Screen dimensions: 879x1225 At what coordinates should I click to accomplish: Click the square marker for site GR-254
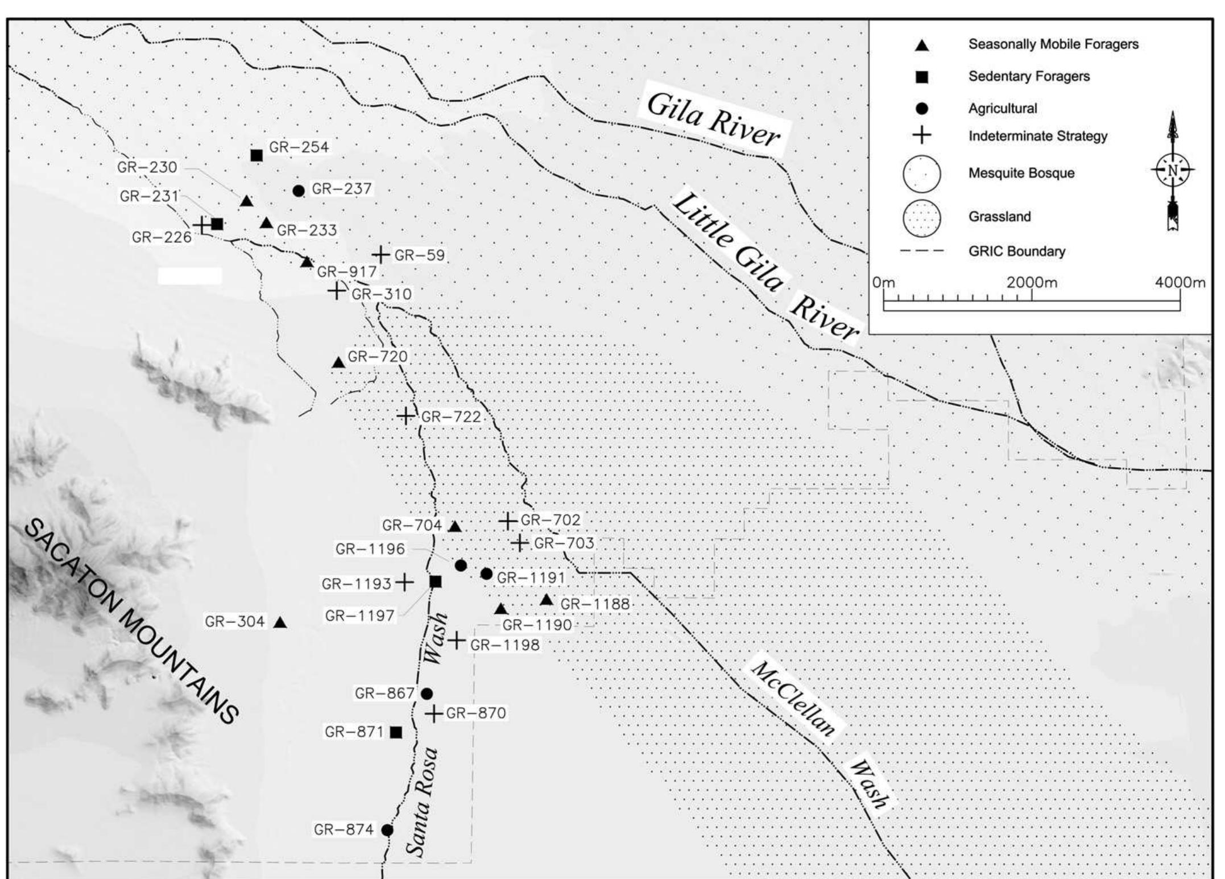coord(256,155)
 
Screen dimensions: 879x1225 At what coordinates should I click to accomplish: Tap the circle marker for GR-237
coord(299,191)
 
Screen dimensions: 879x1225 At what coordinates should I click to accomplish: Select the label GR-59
coord(419,255)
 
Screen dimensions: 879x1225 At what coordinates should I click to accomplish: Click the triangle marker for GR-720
coord(338,362)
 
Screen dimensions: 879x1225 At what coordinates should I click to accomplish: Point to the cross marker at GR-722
coord(405,416)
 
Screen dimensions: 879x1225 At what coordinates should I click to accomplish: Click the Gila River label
coord(714,121)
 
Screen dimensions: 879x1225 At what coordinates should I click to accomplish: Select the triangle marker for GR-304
coord(280,622)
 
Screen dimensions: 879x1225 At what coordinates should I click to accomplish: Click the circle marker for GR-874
coord(387,830)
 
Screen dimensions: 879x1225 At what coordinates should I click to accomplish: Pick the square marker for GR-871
coord(396,732)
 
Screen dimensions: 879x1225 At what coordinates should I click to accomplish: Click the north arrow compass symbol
coord(1173,170)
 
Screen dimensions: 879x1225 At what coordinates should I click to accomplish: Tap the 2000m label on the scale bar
coord(1032,282)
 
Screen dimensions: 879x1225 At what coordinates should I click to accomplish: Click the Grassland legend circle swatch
coord(921,217)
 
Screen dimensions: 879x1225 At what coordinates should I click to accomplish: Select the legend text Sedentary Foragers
coord(1029,76)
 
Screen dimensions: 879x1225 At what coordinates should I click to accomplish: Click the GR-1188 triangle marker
coord(546,600)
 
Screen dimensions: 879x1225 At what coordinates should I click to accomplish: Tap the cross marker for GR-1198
coord(456,641)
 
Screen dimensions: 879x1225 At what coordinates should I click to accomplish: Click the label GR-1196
coord(370,549)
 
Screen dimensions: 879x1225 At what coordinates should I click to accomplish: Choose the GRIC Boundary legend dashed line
coord(921,251)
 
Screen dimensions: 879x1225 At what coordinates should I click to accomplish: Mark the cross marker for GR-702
coord(508,521)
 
